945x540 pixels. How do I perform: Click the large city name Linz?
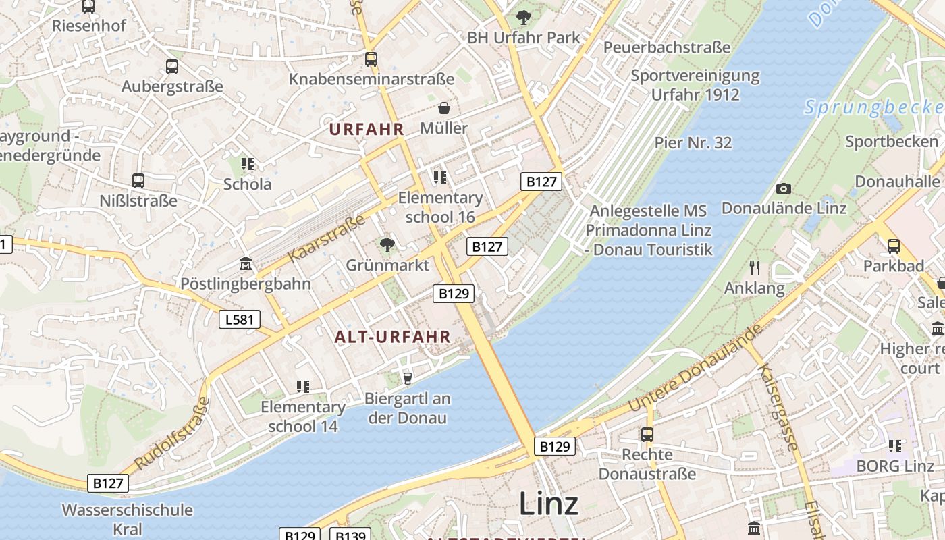click(x=548, y=504)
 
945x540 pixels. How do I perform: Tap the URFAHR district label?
click(x=367, y=129)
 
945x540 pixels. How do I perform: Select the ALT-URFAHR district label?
click(x=392, y=336)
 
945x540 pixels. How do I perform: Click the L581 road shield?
click(x=240, y=319)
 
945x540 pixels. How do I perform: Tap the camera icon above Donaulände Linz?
click(x=783, y=188)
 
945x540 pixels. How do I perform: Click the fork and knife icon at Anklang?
click(x=755, y=268)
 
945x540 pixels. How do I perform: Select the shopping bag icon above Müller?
click(x=444, y=108)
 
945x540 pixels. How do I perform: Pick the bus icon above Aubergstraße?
click(x=172, y=67)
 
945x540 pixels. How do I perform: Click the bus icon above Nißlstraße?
click(x=138, y=181)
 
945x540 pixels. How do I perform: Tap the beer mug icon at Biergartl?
click(x=407, y=378)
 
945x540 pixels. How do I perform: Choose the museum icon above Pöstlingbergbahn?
click(x=246, y=263)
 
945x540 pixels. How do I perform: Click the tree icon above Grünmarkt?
click(x=387, y=245)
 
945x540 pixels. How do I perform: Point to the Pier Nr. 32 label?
click(x=693, y=142)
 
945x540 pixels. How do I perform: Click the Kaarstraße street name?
click(x=327, y=238)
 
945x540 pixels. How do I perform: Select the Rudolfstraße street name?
click(x=173, y=433)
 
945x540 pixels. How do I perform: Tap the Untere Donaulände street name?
click(x=695, y=368)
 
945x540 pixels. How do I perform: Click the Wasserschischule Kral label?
click(x=128, y=519)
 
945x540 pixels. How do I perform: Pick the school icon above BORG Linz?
click(x=895, y=446)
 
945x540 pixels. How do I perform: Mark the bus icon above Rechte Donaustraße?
click(x=647, y=434)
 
